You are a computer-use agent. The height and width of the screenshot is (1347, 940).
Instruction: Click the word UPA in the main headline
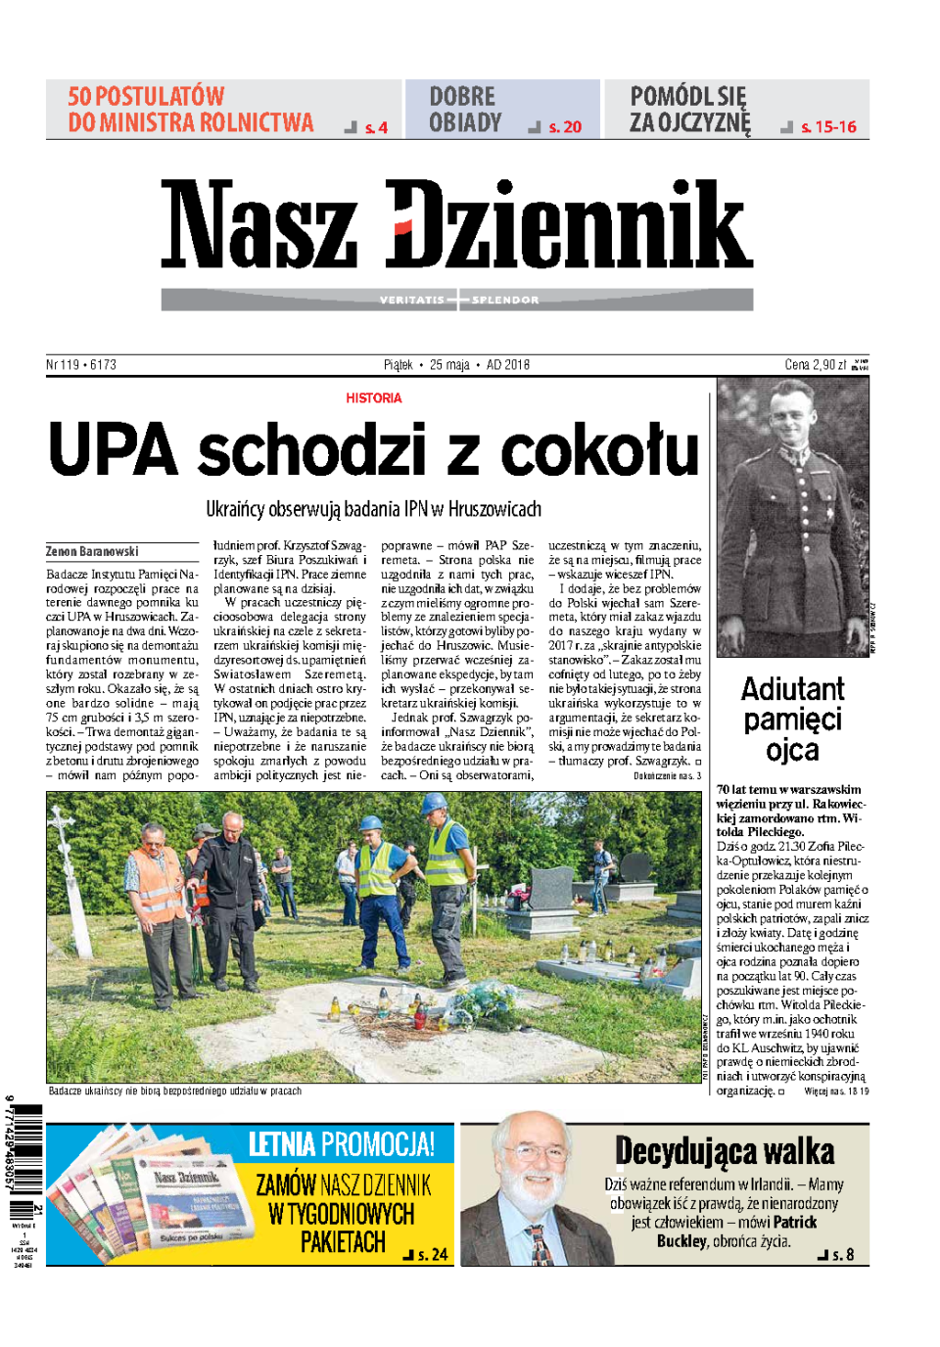coord(114,450)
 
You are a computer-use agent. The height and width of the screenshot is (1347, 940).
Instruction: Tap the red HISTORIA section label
coord(373,398)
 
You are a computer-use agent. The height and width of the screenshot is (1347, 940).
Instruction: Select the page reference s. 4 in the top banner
coord(376,127)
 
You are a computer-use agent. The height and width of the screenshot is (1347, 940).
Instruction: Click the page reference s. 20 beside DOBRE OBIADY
coord(565,127)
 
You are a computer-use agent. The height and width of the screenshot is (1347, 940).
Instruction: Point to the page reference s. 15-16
coord(828,127)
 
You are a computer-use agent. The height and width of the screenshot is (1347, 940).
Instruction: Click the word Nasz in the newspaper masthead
coord(258,225)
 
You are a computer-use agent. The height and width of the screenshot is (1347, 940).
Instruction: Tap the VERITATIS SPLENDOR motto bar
coord(457,300)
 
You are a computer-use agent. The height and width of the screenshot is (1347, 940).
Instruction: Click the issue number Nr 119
coord(63,365)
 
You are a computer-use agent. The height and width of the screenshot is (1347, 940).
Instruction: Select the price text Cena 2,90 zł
coord(815,365)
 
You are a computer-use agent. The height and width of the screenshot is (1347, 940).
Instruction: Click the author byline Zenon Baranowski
coord(92,552)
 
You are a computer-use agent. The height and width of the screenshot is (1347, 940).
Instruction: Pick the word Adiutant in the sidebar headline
coord(792,689)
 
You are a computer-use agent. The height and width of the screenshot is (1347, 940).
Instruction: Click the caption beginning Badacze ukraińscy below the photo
coord(175,1091)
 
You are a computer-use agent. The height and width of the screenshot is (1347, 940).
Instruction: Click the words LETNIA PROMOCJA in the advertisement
coord(341,1143)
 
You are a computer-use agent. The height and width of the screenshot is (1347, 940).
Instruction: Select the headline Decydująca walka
coord(725,1151)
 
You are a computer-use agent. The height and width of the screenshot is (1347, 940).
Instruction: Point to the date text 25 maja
coord(449,365)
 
